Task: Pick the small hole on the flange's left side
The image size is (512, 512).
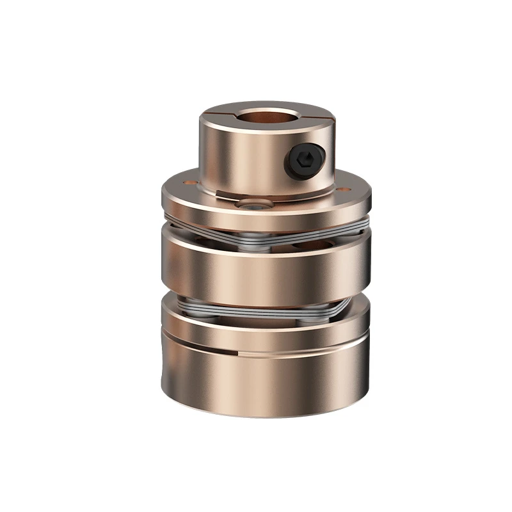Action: tap(189, 182)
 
